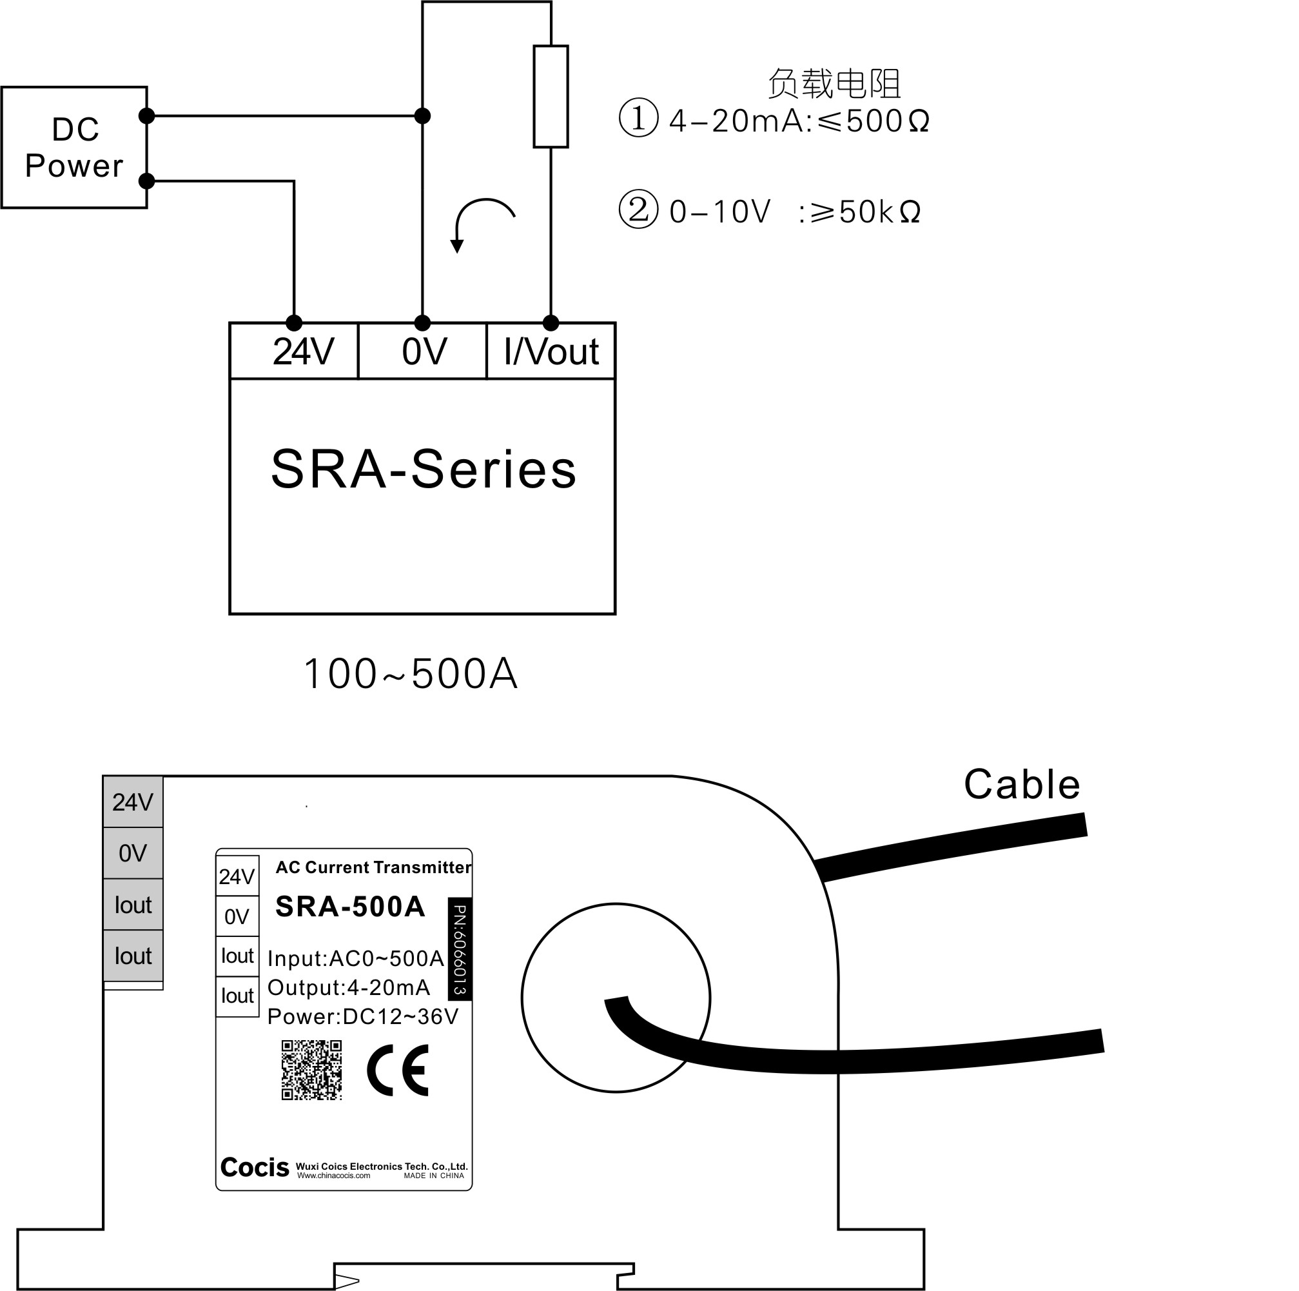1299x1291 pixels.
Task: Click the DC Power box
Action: (x=74, y=147)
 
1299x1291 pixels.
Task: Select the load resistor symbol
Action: (x=551, y=96)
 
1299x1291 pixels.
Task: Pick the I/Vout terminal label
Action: (x=551, y=351)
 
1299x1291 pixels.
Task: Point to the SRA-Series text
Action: (x=424, y=469)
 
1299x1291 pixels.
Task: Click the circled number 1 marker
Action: (x=638, y=119)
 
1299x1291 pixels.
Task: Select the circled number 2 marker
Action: (x=638, y=209)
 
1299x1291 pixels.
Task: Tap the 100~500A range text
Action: (x=411, y=675)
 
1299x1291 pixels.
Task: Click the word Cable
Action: (x=1021, y=785)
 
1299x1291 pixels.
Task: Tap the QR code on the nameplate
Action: (x=311, y=1070)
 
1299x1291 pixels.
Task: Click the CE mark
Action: (x=398, y=1070)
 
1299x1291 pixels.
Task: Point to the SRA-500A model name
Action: (x=350, y=907)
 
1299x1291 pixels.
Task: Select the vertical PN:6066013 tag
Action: (x=460, y=949)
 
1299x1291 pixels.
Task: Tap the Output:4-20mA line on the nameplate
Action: (x=348, y=988)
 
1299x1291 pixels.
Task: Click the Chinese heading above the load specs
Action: (x=834, y=84)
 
